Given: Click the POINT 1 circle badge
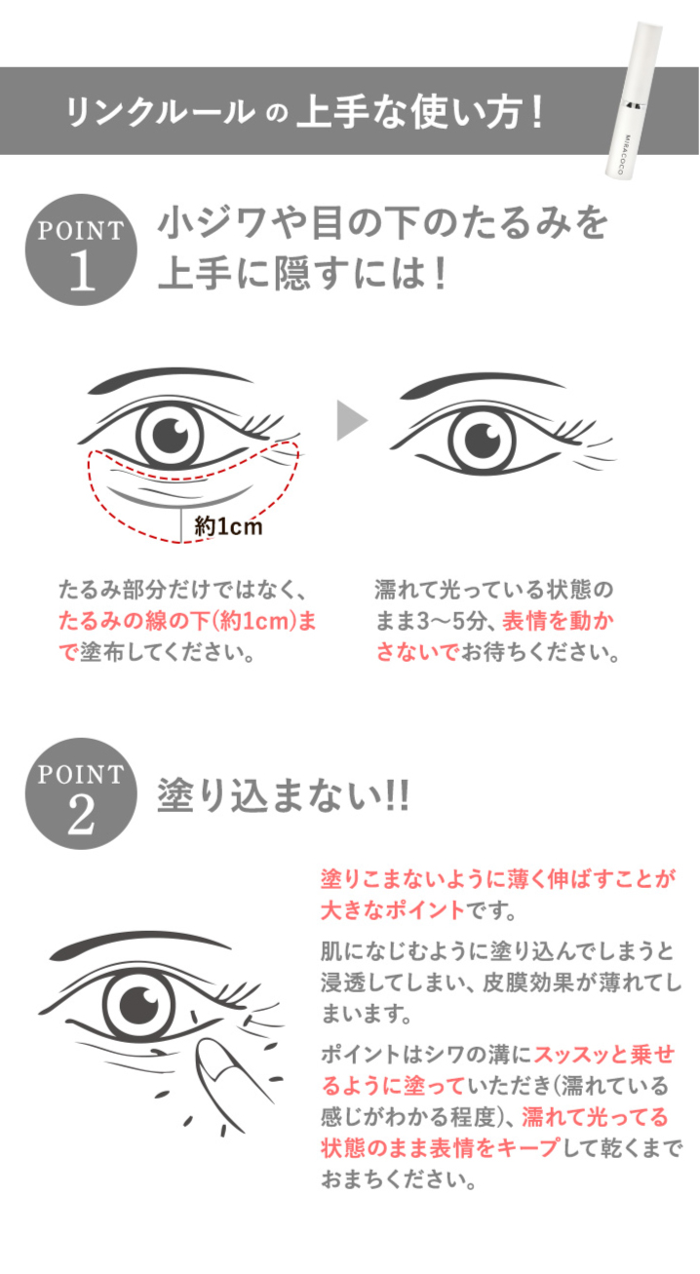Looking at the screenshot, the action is click(x=81, y=250).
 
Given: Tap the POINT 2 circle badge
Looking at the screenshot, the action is click(x=81, y=794).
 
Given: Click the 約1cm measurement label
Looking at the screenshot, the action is click(x=228, y=526).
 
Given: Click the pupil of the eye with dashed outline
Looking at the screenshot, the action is click(x=170, y=436).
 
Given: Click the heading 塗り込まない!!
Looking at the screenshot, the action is click(x=283, y=795).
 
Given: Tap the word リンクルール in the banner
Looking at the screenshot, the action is click(x=160, y=111).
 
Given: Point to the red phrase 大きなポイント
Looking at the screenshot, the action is click(x=393, y=910).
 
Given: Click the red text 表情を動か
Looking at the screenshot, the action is click(x=558, y=621).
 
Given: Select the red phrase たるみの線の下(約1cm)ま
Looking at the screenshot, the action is click(x=187, y=621).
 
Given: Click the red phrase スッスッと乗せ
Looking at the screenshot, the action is click(x=603, y=1054).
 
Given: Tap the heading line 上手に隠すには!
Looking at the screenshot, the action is click(x=301, y=273).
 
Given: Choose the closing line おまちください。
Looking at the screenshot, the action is click(x=399, y=1179).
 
